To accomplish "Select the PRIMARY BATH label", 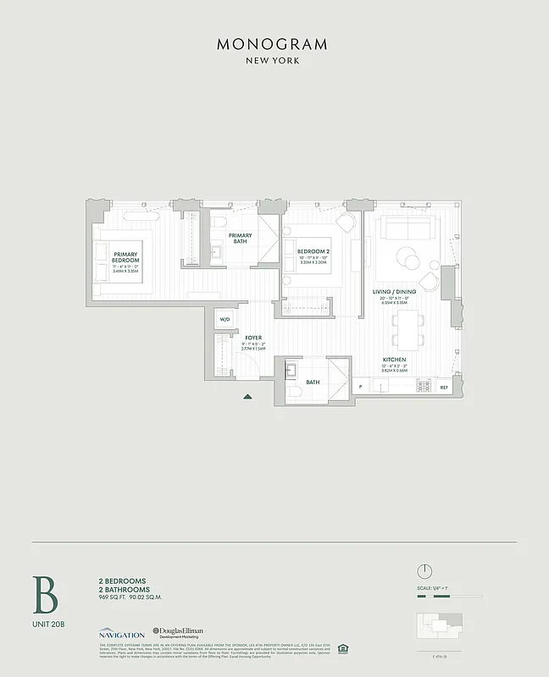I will [239, 238].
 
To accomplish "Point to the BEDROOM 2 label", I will [313, 251].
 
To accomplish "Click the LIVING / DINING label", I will [394, 292].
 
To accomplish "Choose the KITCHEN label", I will [394, 359].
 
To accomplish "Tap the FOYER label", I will [253, 338].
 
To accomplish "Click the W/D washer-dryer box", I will [225, 319].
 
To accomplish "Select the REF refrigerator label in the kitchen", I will [444, 387].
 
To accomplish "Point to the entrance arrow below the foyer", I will [247, 396].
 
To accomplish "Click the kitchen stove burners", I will [423, 387].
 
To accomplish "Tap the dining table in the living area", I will [410, 328].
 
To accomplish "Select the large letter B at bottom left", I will [45, 595].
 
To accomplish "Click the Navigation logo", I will [121, 633].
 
